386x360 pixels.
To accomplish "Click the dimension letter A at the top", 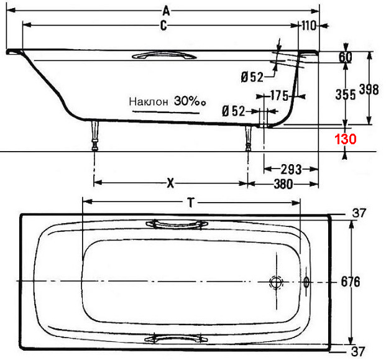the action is pyautogui.click(x=167, y=11).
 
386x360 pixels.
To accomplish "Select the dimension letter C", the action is pyautogui.click(x=163, y=25).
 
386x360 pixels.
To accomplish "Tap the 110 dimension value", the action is pyautogui.click(x=309, y=25).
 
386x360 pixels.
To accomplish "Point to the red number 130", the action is pyautogui.click(x=345, y=139).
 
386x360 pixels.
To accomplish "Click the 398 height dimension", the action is pyautogui.click(x=369, y=89).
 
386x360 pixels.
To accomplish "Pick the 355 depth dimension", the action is pyautogui.click(x=346, y=95).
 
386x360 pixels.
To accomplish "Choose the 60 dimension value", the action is pyautogui.click(x=346, y=57).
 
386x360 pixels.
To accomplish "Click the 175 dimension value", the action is pyautogui.click(x=280, y=96).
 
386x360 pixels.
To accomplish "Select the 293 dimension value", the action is pyautogui.click(x=292, y=169).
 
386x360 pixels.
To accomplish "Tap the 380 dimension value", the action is pyautogui.click(x=283, y=183).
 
